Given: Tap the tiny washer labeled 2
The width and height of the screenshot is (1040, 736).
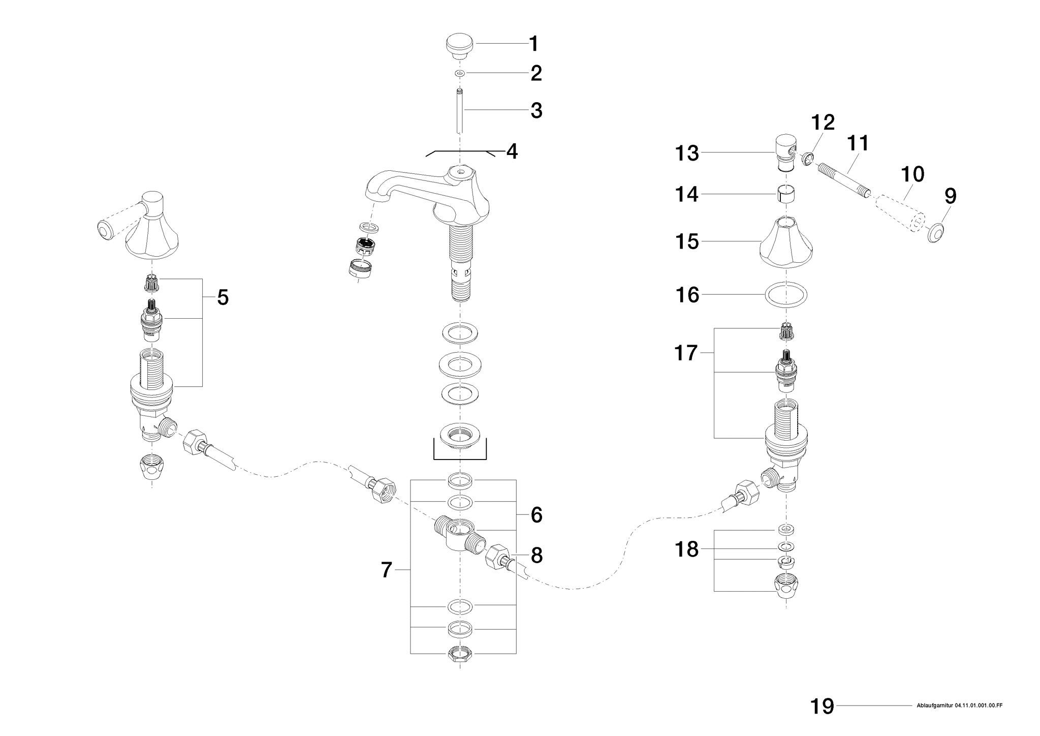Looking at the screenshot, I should coord(460,74).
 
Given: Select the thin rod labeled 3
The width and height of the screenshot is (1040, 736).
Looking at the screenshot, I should coord(460,110).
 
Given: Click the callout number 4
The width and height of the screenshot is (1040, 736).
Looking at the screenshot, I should coord(512,151).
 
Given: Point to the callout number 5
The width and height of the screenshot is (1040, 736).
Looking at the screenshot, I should coord(223,298).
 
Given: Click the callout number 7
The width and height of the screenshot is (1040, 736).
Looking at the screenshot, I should coord(387,570).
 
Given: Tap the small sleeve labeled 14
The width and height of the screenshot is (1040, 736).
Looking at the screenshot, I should coord(786,194).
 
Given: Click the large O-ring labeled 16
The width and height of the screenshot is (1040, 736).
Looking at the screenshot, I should coord(786,295).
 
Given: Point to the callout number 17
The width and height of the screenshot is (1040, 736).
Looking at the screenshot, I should coord(686,352).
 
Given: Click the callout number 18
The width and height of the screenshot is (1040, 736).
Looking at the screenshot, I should coord(686,550).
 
